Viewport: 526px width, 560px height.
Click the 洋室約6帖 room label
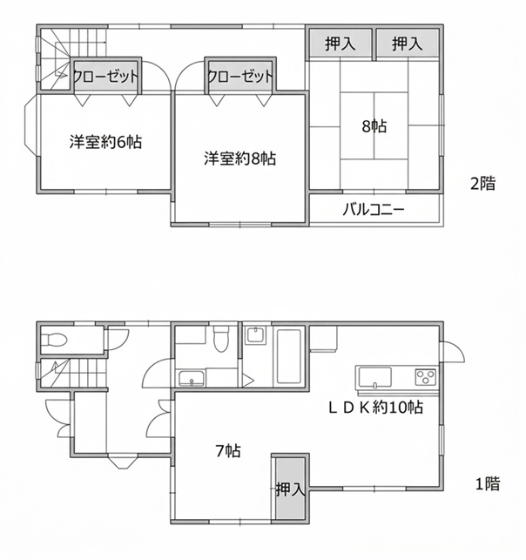tap(105, 142)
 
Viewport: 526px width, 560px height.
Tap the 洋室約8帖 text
tap(240, 159)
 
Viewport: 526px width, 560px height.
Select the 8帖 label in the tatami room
tap(374, 126)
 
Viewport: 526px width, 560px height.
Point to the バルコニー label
tap(374, 210)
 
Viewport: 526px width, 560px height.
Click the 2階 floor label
tap(483, 184)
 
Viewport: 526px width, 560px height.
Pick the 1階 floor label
tap(487, 484)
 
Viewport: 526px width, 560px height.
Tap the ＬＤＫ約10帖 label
tap(375, 407)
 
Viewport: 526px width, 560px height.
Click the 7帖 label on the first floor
tap(228, 451)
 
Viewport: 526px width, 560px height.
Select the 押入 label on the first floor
tap(290, 489)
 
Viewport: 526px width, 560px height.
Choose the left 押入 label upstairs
tap(341, 44)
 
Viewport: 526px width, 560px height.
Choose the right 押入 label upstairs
tap(408, 44)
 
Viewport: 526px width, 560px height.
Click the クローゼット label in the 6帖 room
tap(105, 76)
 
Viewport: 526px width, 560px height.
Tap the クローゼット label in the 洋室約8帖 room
tap(240, 76)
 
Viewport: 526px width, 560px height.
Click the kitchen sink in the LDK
tap(375, 378)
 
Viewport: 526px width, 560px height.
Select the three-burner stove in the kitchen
tap(425, 377)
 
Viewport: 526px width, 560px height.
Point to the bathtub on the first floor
tap(289, 356)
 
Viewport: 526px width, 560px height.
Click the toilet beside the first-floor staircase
tap(54, 340)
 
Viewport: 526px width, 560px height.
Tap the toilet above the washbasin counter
tap(220, 339)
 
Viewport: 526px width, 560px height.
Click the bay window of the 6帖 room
tap(30, 125)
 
